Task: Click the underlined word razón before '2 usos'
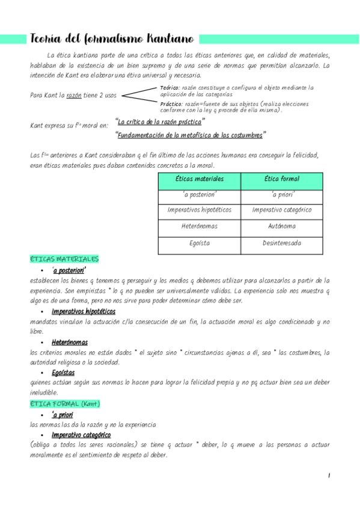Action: pyautogui.click(x=73, y=96)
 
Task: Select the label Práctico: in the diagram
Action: pyautogui.click(x=172, y=103)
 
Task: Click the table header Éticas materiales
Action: pyautogui.click(x=199, y=179)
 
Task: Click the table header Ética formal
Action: pyautogui.click(x=282, y=179)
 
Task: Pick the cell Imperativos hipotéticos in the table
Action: pyautogui.click(x=199, y=210)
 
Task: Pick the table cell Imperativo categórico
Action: pyautogui.click(x=282, y=210)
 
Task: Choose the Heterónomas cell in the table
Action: pyautogui.click(x=199, y=227)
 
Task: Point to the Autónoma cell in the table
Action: pyautogui.click(x=282, y=227)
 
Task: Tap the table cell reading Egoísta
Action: pyautogui.click(x=199, y=244)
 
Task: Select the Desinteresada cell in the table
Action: pyautogui.click(x=282, y=244)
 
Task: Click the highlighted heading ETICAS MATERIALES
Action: pyautogui.click(x=64, y=259)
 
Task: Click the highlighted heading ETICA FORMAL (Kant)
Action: pyautogui.click(x=65, y=404)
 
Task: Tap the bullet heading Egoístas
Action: pyautogui.click(x=66, y=372)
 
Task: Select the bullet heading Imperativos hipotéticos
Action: pyautogui.click(x=84, y=312)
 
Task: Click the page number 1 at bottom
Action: pyautogui.click(x=329, y=476)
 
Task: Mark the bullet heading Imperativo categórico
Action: pyautogui.click(x=81, y=435)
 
